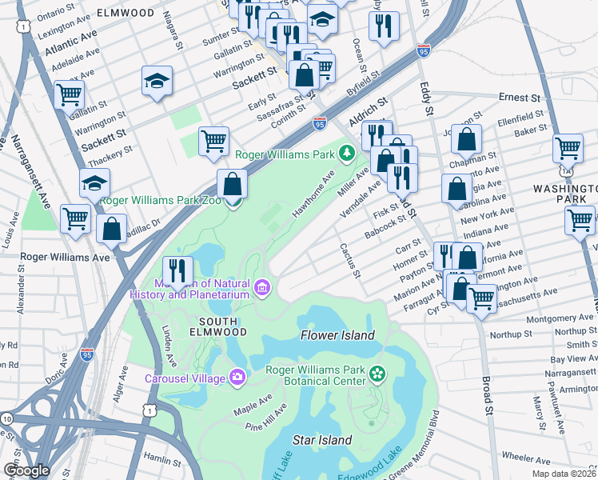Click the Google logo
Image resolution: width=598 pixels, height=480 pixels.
point(26,470)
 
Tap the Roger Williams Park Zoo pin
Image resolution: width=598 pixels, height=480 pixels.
point(233,201)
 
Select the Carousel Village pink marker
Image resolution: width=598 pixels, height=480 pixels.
point(237,377)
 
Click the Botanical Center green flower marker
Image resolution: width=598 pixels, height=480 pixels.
point(377,373)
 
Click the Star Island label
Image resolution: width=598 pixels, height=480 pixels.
point(322,440)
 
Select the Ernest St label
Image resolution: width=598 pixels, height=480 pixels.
point(519,98)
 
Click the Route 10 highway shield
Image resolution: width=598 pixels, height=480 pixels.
point(7,418)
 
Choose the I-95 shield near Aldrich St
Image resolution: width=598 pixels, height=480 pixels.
point(320,124)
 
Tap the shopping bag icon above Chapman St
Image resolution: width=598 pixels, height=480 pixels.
point(466,139)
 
